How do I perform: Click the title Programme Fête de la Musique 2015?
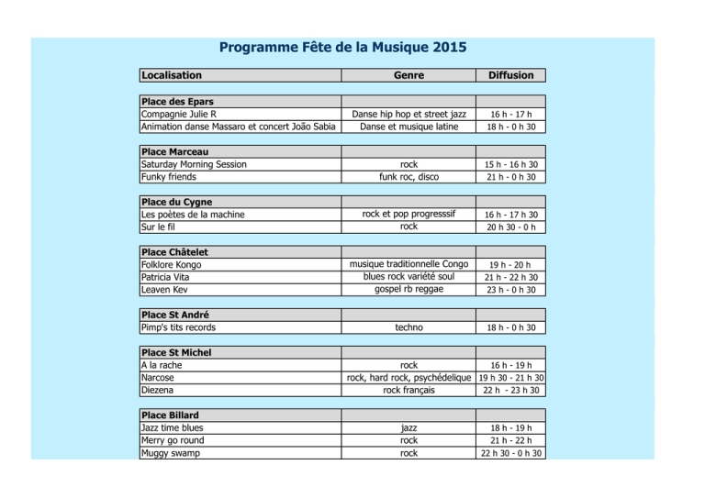(x=341, y=46)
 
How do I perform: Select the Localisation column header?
(x=172, y=75)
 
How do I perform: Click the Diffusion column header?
(x=512, y=75)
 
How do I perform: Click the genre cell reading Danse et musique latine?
(x=408, y=127)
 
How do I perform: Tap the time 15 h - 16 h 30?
(x=512, y=165)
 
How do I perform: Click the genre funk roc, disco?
(x=408, y=177)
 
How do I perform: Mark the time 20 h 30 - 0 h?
(x=512, y=227)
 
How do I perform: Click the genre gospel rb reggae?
(x=408, y=290)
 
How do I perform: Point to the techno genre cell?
(x=408, y=327)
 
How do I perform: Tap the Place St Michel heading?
(x=176, y=352)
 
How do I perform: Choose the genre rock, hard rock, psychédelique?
(x=408, y=377)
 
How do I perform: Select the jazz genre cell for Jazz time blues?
(x=408, y=428)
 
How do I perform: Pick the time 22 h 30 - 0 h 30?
(x=512, y=453)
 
